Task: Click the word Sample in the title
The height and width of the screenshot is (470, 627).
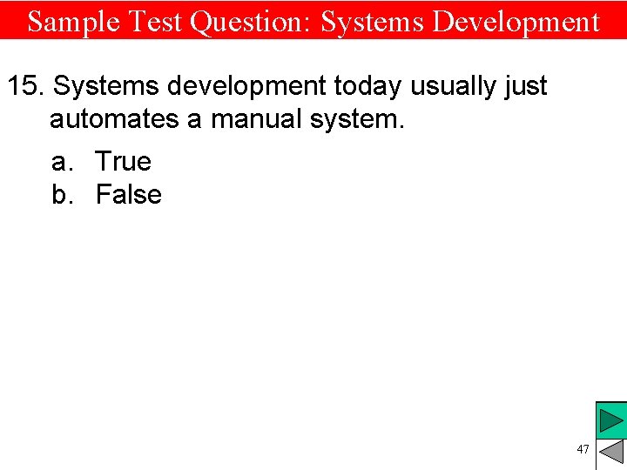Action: [x=71, y=21]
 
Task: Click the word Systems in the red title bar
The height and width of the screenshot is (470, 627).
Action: [x=372, y=21]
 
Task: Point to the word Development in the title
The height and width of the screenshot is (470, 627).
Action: [x=516, y=21]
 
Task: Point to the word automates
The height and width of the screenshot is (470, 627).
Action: [x=114, y=118]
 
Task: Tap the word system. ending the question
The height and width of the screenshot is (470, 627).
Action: [x=360, y=118]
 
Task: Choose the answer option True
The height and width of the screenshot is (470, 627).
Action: [x=123, y=161]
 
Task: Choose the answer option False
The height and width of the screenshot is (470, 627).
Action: [x=128, y=194]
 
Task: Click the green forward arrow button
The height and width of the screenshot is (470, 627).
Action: [x=611, y=422]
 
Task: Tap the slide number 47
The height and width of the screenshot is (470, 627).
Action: [x=583, y=449]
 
